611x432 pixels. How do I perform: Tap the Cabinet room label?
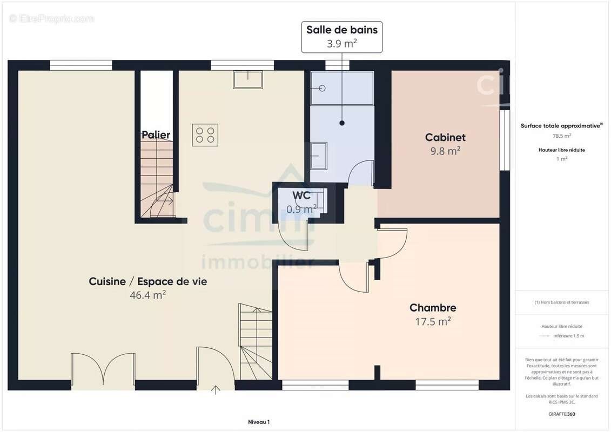[x=445, y=138]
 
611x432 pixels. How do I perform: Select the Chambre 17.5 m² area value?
[x=433, y=321]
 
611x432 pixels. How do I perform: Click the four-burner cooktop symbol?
[x=205, y=135]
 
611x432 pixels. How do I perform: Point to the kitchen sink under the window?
[x=247, y=79]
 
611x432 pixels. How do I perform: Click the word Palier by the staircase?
[x=156, y=135]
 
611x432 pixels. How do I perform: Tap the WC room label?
[x=301, y=195]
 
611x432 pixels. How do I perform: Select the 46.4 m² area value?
[x=147, y=295]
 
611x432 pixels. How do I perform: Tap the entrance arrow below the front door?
[x=216, y=389]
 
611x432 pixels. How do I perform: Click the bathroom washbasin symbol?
[x=319, y=156]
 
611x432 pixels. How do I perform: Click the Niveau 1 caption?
[x=258, y=422]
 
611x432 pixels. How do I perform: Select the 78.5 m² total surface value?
[x=562, y=136]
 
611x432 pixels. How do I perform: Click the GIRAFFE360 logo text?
[x=562, y=414]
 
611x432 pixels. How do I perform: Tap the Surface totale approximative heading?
[x=561, y=126]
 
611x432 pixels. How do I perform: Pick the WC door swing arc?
[x=296, y=238]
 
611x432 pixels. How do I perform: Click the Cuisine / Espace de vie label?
[x=147, y=281]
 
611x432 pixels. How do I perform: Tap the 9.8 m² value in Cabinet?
[x=445, y=151]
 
